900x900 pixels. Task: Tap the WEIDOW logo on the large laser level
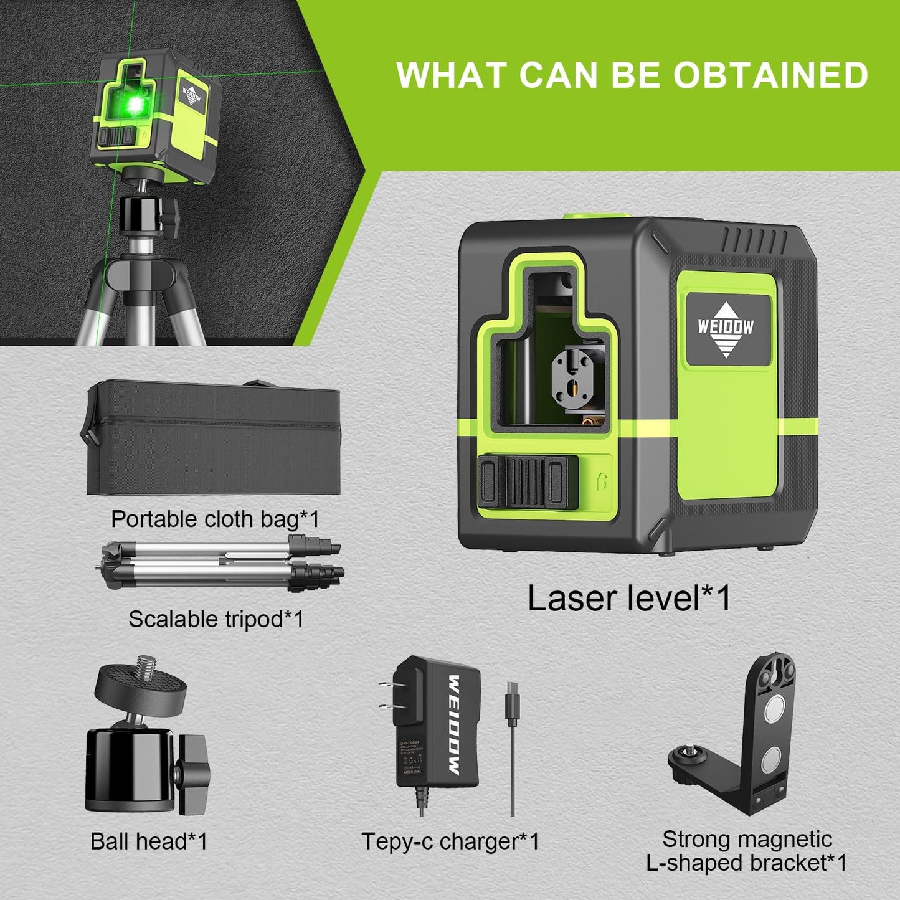pyautogui.click(x=726, y=328)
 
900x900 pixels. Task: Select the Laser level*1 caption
pyautogui.click(x=629, y=598)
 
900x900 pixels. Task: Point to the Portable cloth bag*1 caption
pyautogui.click(x=215, y=519)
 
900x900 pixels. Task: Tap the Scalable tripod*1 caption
pyautogui.click(x=216, y=619)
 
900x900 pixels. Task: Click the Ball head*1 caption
pyautogui.click(x=148, y=841)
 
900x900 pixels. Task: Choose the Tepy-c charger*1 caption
pyautogui.click(x=450, y=841)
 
